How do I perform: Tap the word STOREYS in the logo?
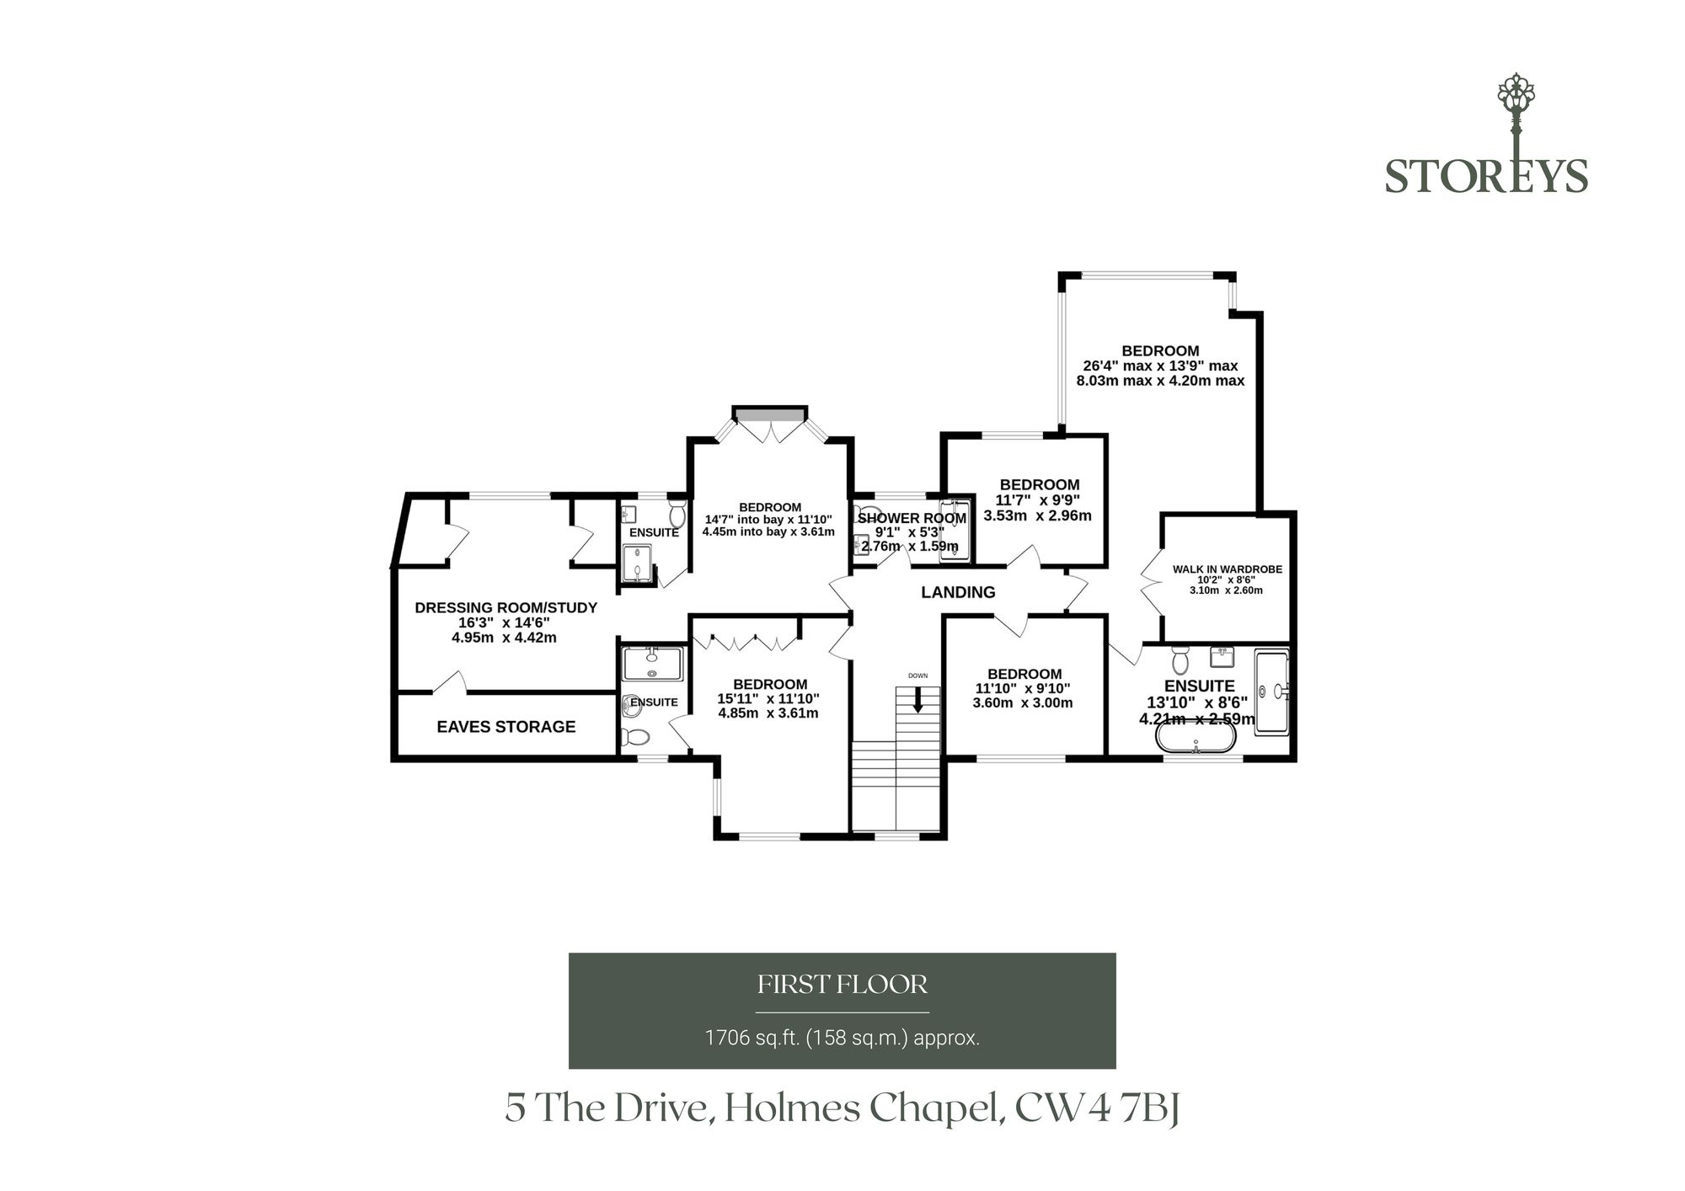(1486, 176)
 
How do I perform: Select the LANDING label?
(958, 592)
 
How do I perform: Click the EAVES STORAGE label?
(505, 727)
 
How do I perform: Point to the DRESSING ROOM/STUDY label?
(505, 607)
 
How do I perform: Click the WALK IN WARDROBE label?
(1228, 569)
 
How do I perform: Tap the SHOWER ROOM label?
(912, 518)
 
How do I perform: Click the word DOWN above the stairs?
(917, 676)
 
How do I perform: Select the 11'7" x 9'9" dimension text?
(1038, 500)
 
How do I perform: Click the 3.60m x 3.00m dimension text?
(1023, 702)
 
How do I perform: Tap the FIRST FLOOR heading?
(842, 984)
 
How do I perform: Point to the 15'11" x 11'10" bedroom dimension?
(768, 699)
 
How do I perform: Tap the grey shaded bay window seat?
(769, 414)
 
